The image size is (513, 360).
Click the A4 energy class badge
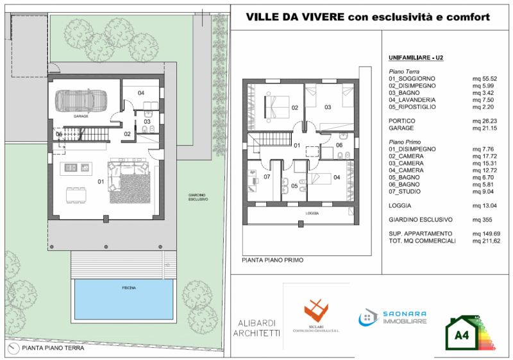[462, 334]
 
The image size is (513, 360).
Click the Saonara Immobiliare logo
[392, 318]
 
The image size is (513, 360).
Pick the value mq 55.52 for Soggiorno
[485, 78]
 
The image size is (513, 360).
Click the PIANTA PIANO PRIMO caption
[273, 261]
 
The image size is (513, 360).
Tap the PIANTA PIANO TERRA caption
[49, 349]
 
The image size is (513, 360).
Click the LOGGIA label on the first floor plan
[312, 212]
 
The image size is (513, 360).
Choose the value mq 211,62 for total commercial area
[487, 241]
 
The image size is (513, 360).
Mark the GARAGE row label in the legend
[401, 128]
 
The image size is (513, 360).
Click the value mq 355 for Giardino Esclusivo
[482, 219]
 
